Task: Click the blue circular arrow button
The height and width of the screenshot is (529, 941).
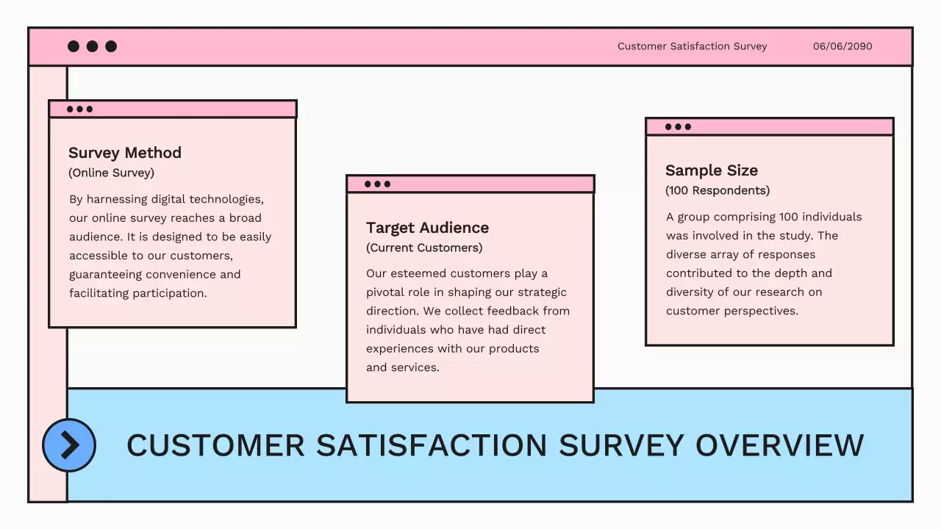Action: (x=69, y=445)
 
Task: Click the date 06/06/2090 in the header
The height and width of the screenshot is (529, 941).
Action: (x=842, y=46)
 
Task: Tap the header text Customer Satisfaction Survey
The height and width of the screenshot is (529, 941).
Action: (x=692, y=46)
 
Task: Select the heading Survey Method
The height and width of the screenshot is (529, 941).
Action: (x=125, y=153)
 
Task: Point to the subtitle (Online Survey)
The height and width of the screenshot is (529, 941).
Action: (x=111, y=173)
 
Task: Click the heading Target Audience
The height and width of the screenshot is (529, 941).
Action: (x=427, y=228)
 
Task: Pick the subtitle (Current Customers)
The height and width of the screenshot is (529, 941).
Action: (x=424, y=248)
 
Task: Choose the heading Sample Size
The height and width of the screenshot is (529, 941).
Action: (x=711, y=170)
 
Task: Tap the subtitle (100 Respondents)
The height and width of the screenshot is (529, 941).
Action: (x=718, y=190)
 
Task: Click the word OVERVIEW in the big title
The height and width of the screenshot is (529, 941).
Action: (x=779, y=445)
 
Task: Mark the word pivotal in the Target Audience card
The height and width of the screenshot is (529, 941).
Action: (x=385, y=292)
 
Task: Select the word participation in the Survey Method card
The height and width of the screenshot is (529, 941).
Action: (x=170, y=293)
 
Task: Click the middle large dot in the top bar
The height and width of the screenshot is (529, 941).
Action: (x=92, y=46)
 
